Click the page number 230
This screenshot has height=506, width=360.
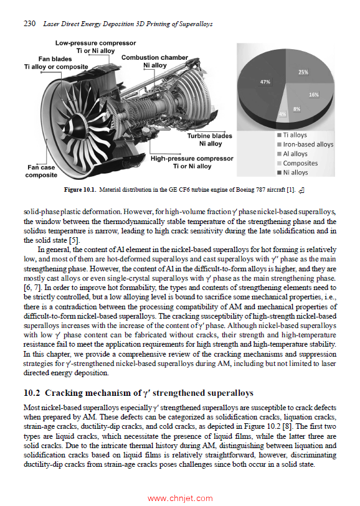(x=29, y=24)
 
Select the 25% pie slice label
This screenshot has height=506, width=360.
(x=303, y=72)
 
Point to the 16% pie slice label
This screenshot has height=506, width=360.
(x=314, y=95)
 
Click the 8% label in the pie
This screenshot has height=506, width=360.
(x=297, y=109)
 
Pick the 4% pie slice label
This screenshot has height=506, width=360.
(x=282, y=115)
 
